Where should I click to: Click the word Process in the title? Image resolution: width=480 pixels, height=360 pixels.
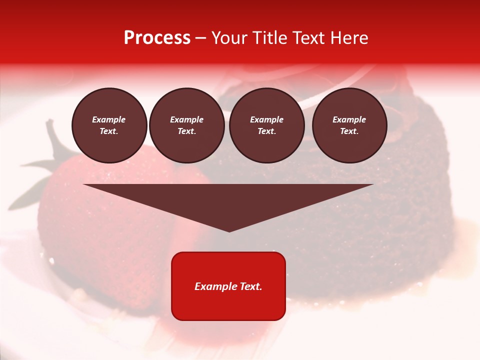tap(157, 38)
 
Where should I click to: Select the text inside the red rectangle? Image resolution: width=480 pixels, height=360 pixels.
tap(228, 286)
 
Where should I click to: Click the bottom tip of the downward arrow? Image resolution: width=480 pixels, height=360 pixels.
tap(229, 230)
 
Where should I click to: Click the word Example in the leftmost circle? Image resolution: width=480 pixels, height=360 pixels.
tap(109, 120)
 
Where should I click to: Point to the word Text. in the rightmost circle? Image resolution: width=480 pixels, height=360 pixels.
tap(349, 131)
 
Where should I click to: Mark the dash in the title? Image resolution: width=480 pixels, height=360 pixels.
tap(201, 38)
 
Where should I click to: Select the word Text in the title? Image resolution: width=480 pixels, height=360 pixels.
tap(308, 38)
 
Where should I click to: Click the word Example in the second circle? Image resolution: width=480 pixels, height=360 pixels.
tap(187, 120)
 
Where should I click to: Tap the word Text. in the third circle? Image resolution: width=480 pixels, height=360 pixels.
tap(266, 131)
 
